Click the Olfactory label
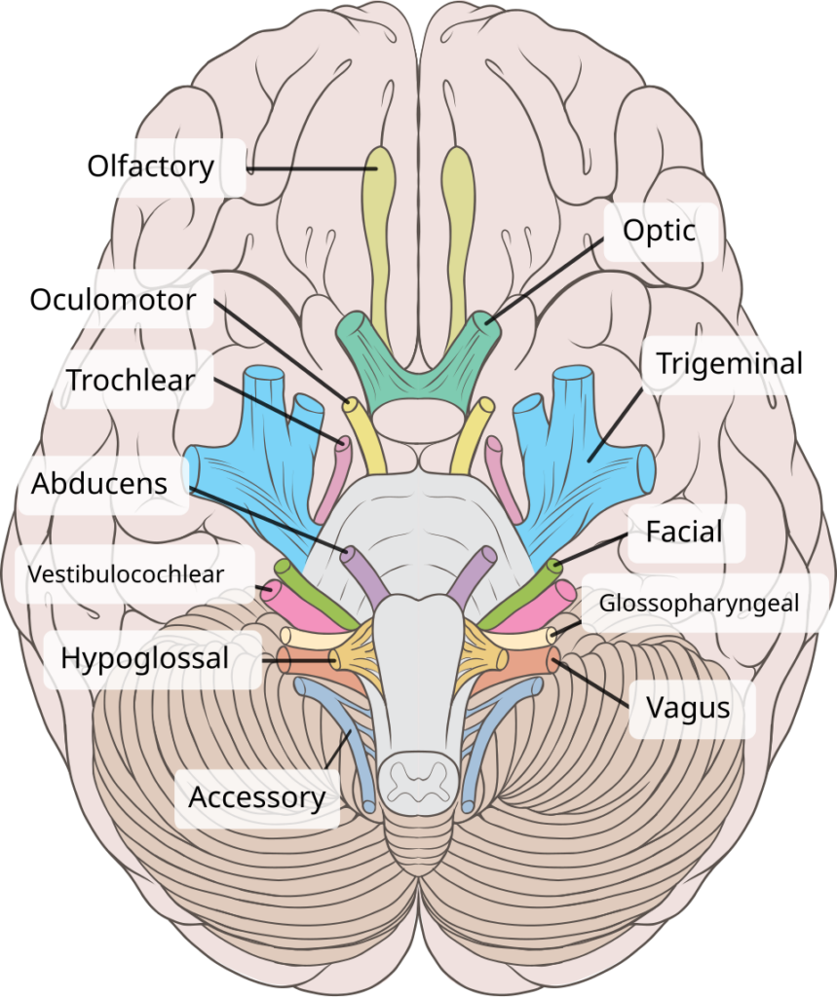(151, 166)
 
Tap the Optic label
(660, 231)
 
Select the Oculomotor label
(113, 299)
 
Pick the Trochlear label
(131, 380)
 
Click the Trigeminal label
(729, 364)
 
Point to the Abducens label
(99, 484)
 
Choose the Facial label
(684, 532)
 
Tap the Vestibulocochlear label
(126, 573)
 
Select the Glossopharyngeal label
(699, 603)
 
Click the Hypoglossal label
(144, 658)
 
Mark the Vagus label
(693, 708)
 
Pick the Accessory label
(256, 797)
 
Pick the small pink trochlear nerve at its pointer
(343, 447)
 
